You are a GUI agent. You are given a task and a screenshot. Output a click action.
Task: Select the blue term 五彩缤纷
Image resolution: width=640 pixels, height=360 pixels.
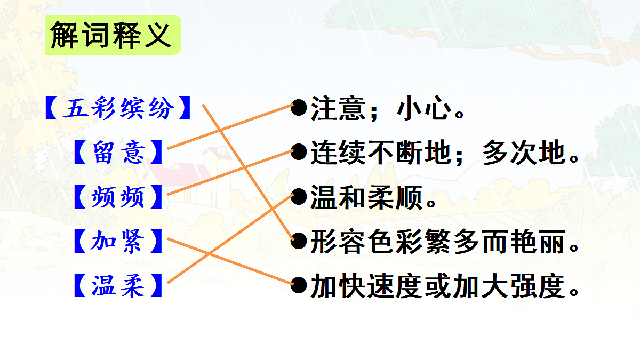pos(118,108)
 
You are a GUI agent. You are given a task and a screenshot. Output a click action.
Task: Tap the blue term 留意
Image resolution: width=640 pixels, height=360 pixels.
pos(118,153)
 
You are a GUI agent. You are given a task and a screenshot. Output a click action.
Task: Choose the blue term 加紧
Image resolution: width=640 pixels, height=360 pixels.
pos(118,242)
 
